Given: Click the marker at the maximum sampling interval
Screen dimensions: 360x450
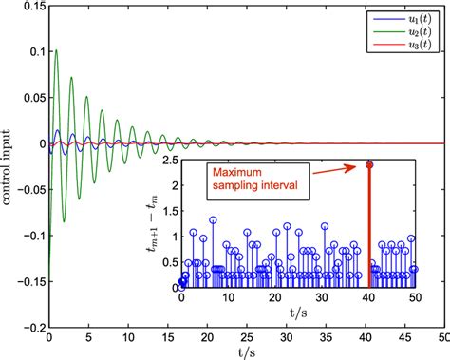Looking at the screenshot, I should (x=369, y=164).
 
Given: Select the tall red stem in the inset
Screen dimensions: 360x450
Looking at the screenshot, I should (x=369, y=228).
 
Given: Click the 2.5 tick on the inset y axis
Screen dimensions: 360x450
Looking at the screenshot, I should (x=169, y=163).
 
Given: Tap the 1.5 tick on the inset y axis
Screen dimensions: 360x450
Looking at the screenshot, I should (x=169, y=213).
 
